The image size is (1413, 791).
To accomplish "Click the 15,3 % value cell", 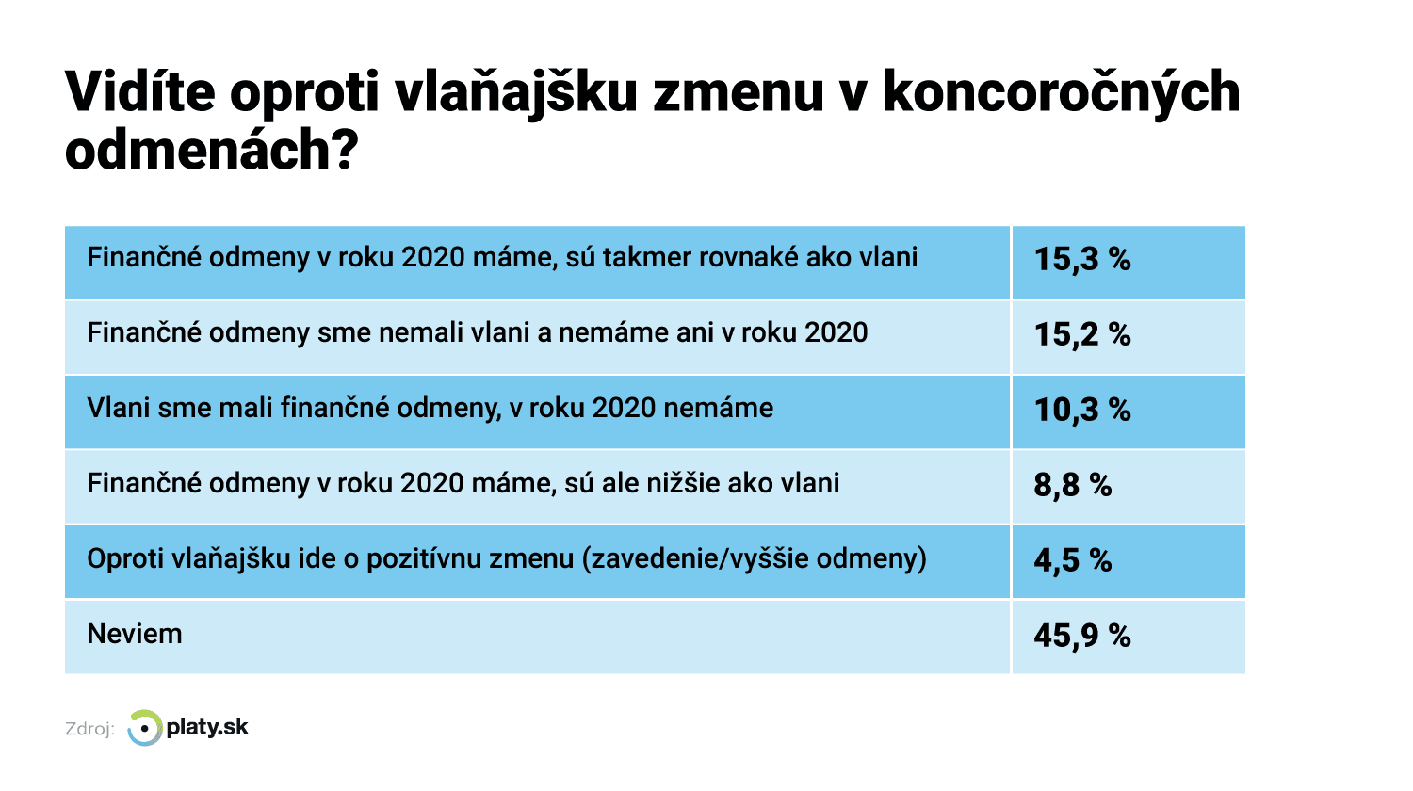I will pos(1082,259).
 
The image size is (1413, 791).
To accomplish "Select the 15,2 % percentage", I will pos(1082,334).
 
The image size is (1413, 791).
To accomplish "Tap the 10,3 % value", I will pos(1082,410).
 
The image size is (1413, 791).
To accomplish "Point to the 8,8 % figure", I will pos(1072,485).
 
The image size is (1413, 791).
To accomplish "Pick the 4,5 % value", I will pos(1072,560).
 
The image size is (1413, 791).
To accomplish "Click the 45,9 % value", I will pos(1081,636).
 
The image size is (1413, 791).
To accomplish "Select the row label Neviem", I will pos(135,634).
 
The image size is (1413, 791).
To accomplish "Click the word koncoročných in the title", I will pos(1061,93).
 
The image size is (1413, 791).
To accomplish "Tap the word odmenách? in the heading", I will pos(212,150).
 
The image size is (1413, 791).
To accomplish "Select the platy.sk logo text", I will pos(207,727).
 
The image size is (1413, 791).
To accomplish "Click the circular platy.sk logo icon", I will pos(144,728).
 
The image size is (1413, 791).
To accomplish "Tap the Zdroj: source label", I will pos(89,729).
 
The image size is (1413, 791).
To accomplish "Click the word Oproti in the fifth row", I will pos(126,559).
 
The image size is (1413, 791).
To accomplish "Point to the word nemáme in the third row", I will pos(719,408).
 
